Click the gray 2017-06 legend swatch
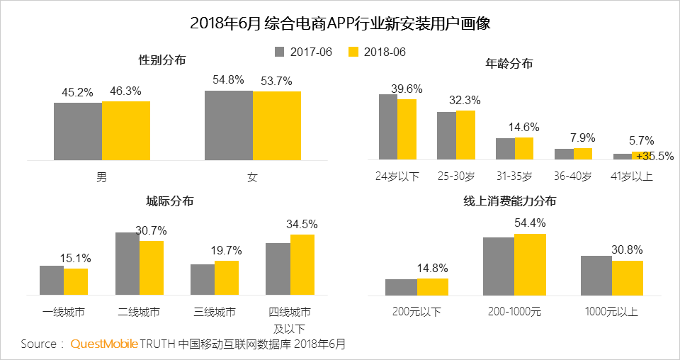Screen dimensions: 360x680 point(279,52)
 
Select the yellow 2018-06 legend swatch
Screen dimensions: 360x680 point(354,52)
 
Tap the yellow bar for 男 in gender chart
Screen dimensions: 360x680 point(126,130)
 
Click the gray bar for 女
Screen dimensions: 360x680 point(229,125)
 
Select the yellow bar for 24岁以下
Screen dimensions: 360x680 point(407,129)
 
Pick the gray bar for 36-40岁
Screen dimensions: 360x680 point(564,154)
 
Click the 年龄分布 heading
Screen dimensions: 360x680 point(509,64)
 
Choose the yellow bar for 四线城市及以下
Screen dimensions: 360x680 point(302,264)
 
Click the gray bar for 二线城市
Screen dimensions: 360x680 point(127,263)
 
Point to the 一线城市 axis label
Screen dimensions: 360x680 point(63,312)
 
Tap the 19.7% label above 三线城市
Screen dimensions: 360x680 point(226,250)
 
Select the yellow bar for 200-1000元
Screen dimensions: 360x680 point(530,264)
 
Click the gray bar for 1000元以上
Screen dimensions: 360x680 point(596,275)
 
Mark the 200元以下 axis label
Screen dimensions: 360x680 point(416,312)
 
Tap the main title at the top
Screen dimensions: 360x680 point(340,23)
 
